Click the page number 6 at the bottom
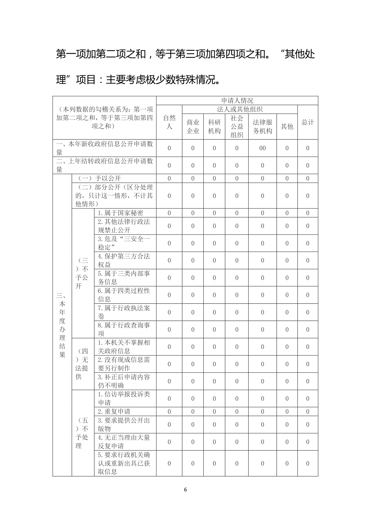185,489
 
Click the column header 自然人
169,122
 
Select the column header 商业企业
193,126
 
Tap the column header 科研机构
214,126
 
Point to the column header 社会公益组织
237,126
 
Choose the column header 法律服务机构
262,126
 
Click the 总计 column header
307,122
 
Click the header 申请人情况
237,101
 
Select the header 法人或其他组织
240,109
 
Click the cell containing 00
262,148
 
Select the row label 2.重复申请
114,411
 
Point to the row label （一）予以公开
99,178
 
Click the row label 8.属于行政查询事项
124,329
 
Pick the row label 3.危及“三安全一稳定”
124,243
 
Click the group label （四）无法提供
83,364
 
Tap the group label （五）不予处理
83,433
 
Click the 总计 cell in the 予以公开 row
307,178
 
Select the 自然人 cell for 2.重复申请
169,411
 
